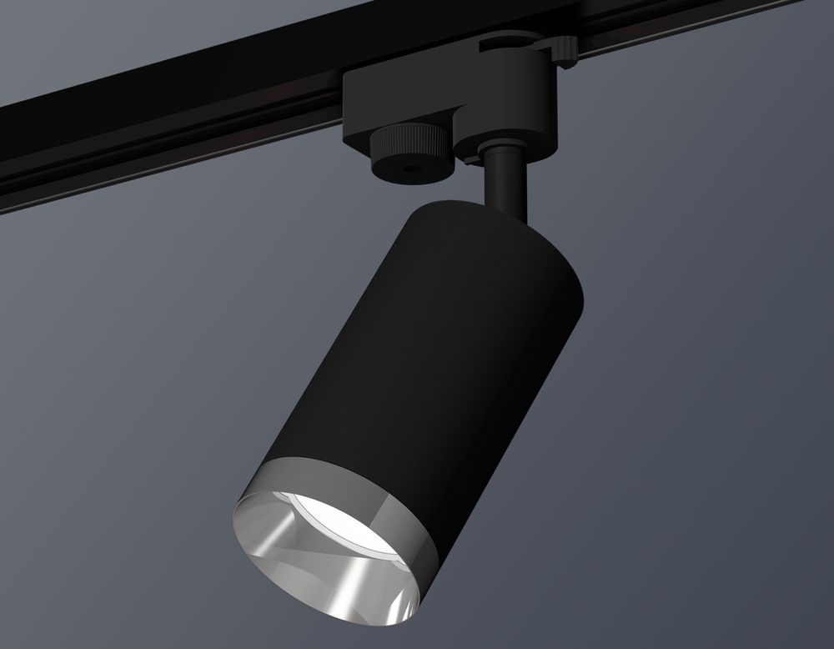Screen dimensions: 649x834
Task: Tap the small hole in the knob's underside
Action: [x=408, y=169]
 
